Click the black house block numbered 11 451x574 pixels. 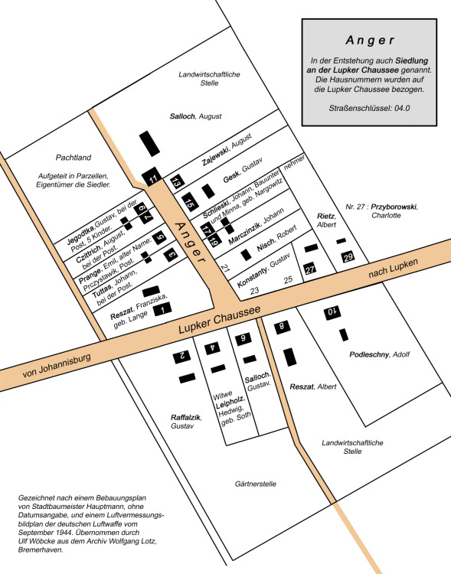click(x=152, y=177)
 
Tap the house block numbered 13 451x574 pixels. click(x=177, y=181)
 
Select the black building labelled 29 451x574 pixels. click(x=348, y=257)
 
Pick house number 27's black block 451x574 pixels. click(x=310, y=269)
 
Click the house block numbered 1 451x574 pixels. click(x=162, y=309)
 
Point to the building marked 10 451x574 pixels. click(x=332, y=312)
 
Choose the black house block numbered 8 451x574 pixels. click(x=282, y=327)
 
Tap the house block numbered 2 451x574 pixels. click(x=182, y=356)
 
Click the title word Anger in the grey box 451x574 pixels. click(x=370, y=41)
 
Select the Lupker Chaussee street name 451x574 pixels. click(x=220, y=319)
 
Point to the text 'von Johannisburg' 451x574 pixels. click(x=57, y=366)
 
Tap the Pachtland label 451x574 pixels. click(x=74, y=158)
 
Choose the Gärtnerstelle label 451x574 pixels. click(x=256, y=484)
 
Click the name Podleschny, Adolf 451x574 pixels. click(x=380, y=354)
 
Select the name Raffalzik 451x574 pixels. click(x=186, y=417)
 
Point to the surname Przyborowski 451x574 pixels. click(x=394, y=207)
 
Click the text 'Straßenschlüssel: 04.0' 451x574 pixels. click(x=369, y=109)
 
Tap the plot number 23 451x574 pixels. click(x=254, y=291)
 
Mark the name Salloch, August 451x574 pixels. click(x=196, y=116)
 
